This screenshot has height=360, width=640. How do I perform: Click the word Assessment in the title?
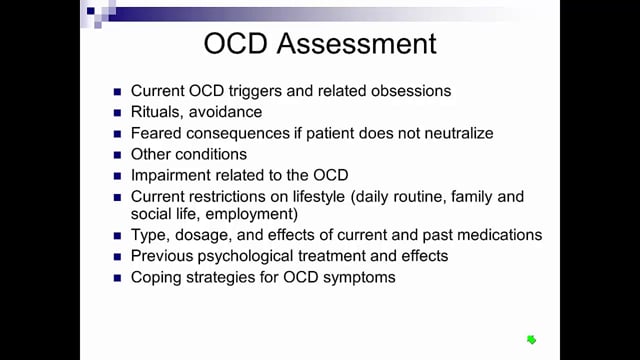[356, 43]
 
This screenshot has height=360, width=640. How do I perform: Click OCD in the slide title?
[236, 43]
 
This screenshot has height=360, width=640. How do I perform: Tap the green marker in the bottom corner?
[531, 340]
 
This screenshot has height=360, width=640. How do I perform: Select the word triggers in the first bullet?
[255, 91]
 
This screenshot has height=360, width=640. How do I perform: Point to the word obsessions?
[411, 91]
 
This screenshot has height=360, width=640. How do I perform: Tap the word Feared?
[156, 133]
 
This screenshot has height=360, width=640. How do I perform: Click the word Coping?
[156, 278]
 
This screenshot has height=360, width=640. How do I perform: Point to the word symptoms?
[359, 278]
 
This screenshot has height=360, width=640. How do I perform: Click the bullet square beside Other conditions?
[118, 155]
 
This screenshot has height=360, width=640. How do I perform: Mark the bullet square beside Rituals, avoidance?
[118, 113]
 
